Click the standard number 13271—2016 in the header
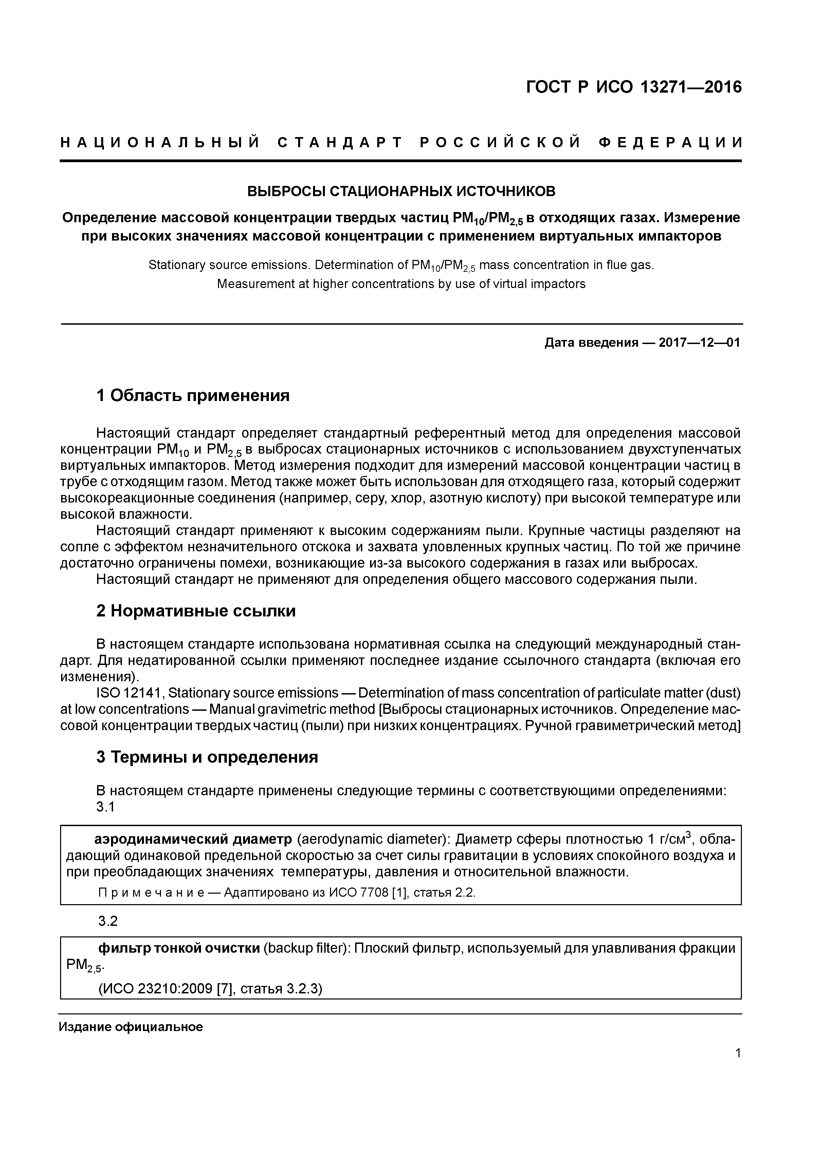pyautogui.click(x=691, y=88)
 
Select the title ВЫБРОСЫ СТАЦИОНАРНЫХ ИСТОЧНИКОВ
pyautogui.click(x=401, y=191)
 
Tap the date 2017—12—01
pyautogui.click(x=699, y=343)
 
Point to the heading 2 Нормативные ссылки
pyautogui.click(x=196, y=611)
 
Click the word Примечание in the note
pyautogui.click(x=151, y=892)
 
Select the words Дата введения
pyautogui.click(x=591, y=343)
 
